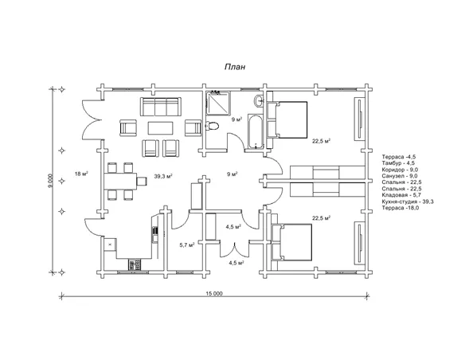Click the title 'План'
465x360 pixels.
pyautogui.click(x=235, y=67)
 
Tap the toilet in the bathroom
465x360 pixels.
pyautogui.click(x=212, y=126)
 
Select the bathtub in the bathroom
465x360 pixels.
pyautogui.click(x=256, y=131)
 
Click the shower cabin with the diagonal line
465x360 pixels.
pyautogui.click(x=218, y=103)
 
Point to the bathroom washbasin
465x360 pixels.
pyautogui.click(x=258, y=100)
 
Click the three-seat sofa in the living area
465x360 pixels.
pyautogui.click(x=160, y=107)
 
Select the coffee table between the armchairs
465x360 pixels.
pyautogui.click(x=160, y=128)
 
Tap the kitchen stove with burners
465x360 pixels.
pyautogui.click(x=135, y=264)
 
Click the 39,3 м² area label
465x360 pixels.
pyautogui.click(x=163, y=176)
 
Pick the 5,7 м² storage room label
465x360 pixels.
pyautogui.click(x=187, y=245)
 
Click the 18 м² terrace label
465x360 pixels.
pyautogui.click(x=82, y=174)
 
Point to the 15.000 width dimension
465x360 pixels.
pyautogui.click(x=214, y=294)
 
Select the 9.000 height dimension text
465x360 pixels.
pyautogui.click(x=51, y=181)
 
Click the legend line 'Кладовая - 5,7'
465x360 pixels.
pyautogui.click(x=402, y=195)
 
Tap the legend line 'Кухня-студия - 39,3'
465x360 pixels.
pyautogui.click(x=408, y=202)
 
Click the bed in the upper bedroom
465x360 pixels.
pyautogui.click(x=287, y=119)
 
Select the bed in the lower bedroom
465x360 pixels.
pyautogui.click(x=291, y=242)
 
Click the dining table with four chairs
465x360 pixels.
pyautogui.click(x=120, y=181)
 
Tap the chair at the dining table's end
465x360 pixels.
pyautogui.click(x=142, y=181)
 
